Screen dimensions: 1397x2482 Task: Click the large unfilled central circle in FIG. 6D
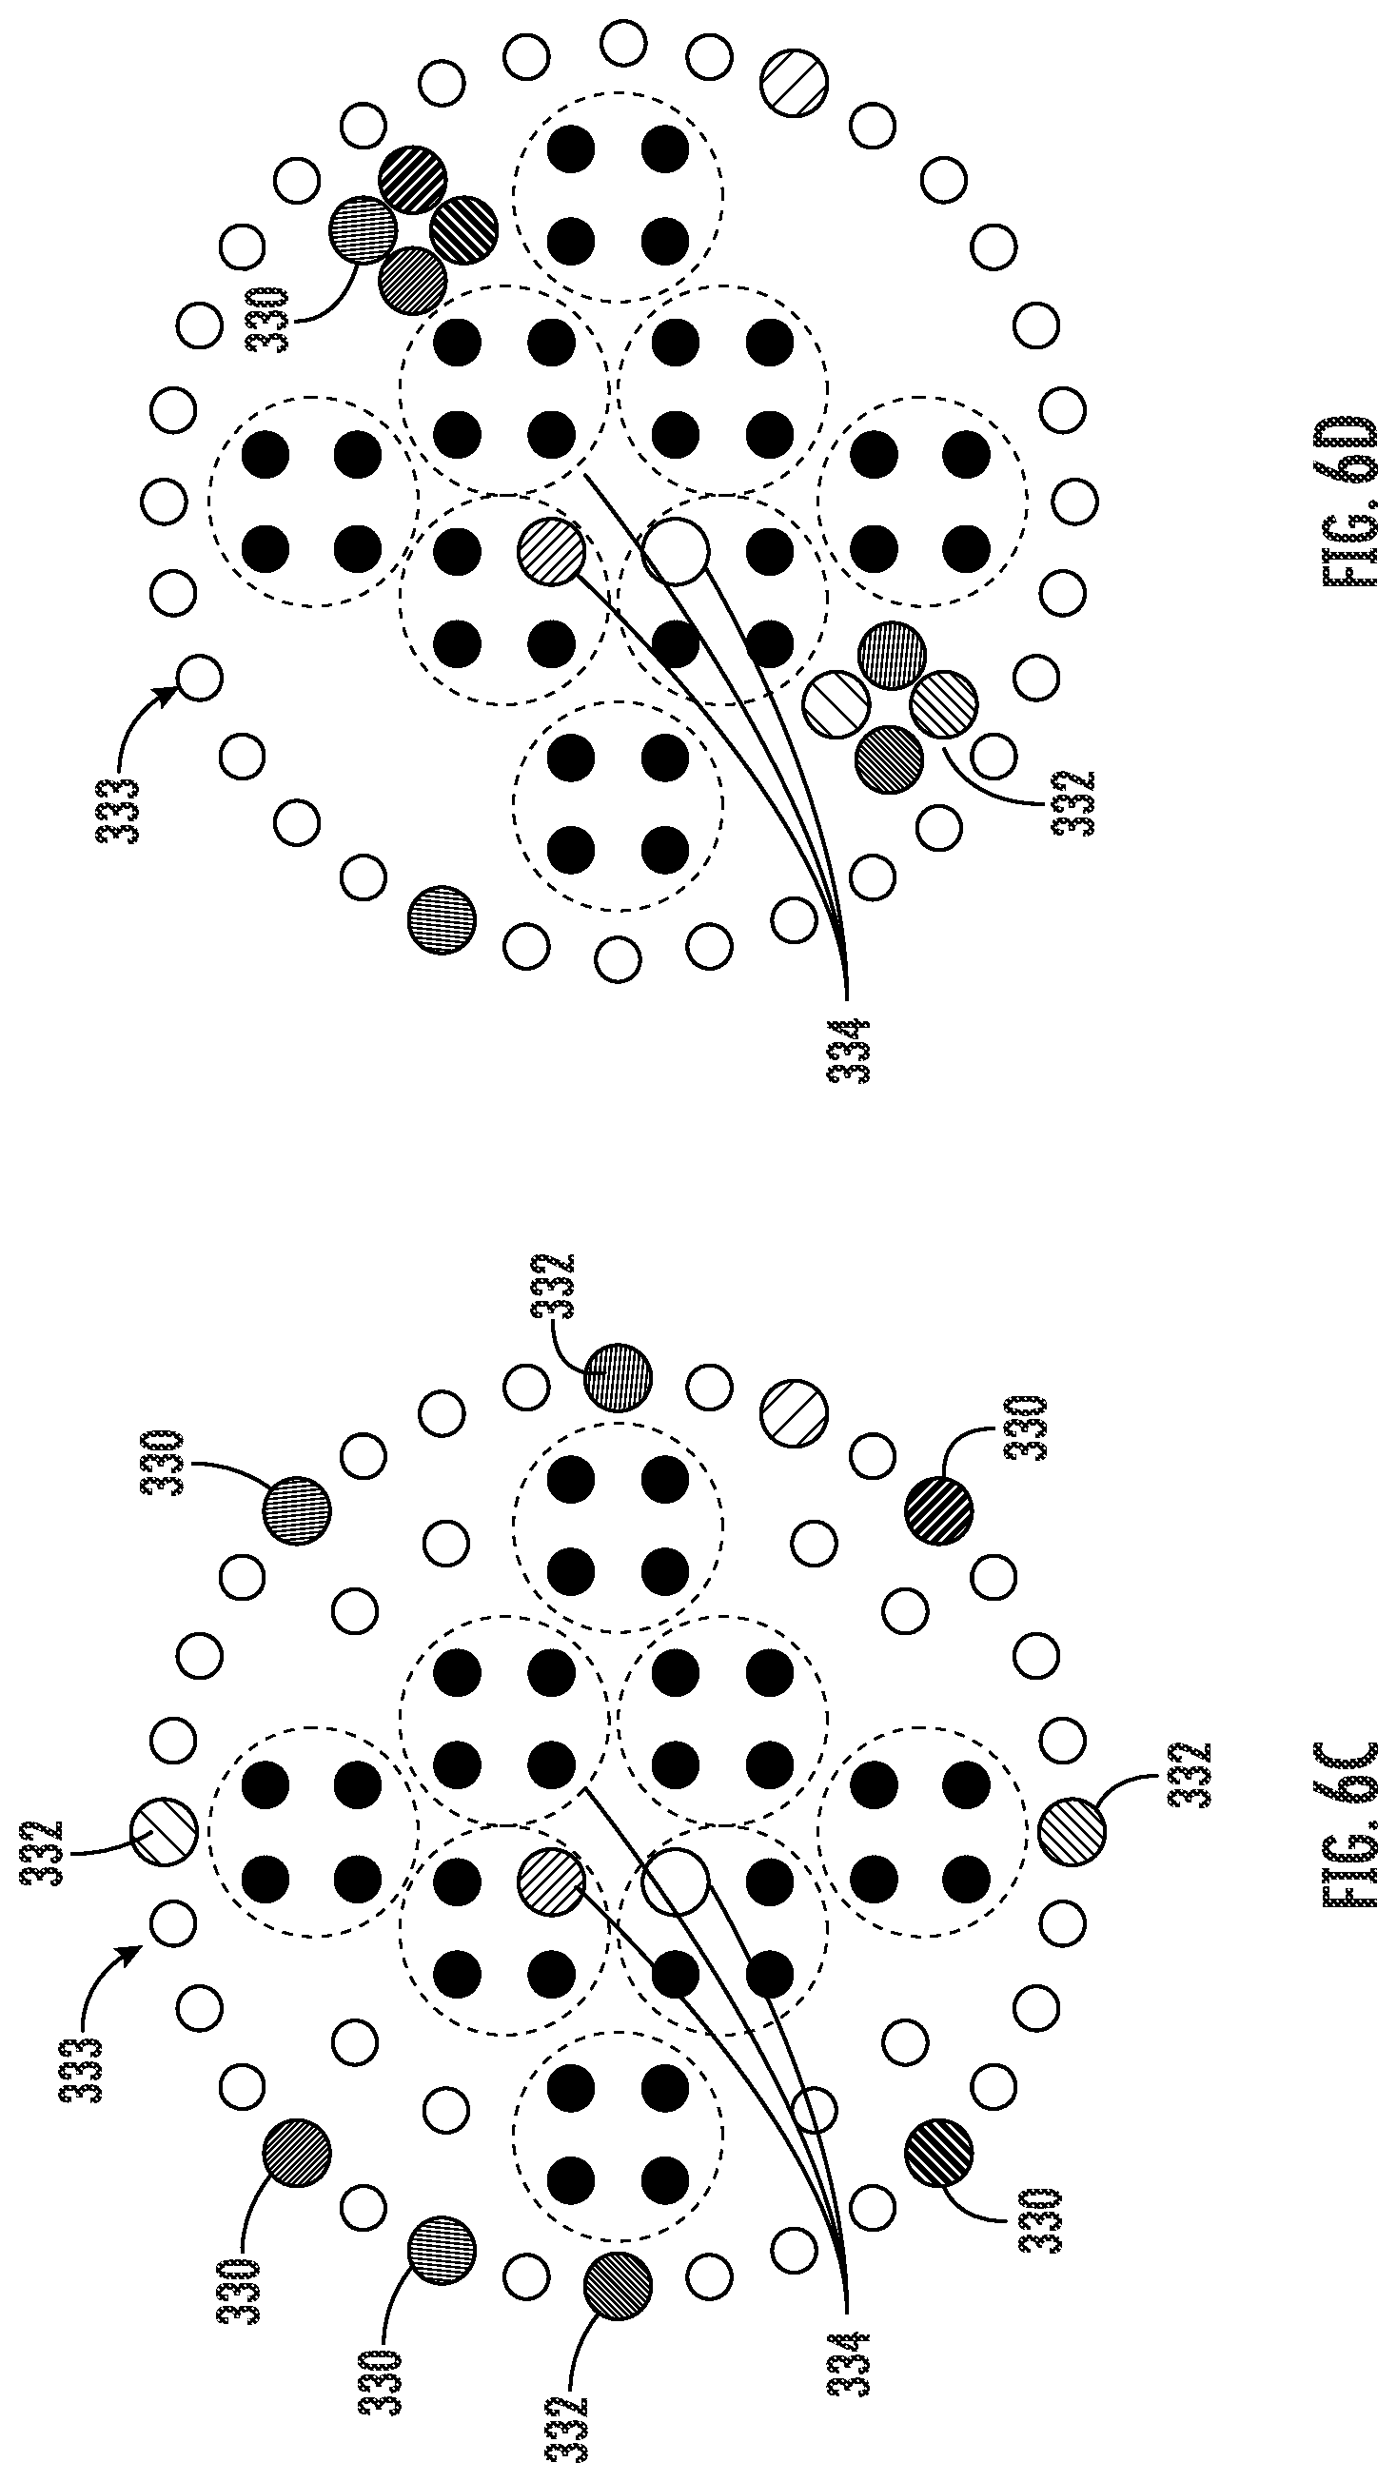[677, 550]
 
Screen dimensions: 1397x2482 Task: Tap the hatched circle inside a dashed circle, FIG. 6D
[551, 552]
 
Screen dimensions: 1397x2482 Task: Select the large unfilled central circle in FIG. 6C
[677, 1880]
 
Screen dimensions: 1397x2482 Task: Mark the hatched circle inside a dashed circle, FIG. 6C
[551, 1880]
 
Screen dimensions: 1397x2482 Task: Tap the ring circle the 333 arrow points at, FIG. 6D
[200, 678]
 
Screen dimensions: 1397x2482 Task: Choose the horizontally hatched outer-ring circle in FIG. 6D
[443, 921]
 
